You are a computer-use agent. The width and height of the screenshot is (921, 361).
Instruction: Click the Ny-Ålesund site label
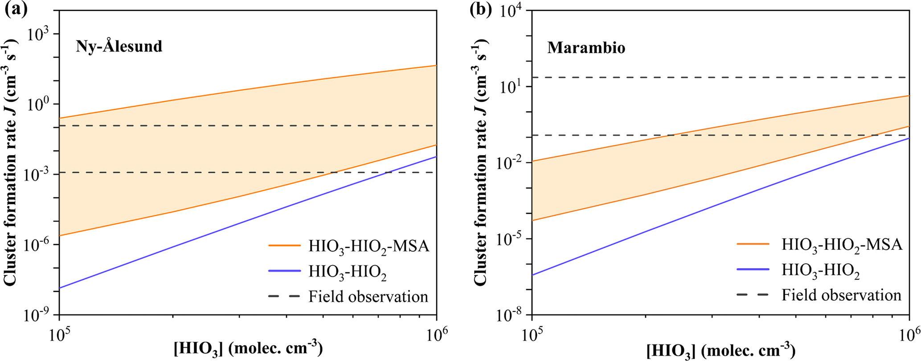pyautogui.click(x=119, y=46)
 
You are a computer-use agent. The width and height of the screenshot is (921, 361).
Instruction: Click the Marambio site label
pyautogui.click(x=586, y=48)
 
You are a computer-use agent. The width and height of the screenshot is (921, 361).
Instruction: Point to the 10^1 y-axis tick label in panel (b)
pyautogui.click(x=513, y=86)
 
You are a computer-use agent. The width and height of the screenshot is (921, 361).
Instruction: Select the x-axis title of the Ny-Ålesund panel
pyautogui.click(x=248, y=349)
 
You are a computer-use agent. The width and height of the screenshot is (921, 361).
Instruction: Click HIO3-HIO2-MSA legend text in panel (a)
pyautogui.click(x=368, y=246)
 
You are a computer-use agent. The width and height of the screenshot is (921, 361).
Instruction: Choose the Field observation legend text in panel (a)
pyautogui.click(x=368, y=297)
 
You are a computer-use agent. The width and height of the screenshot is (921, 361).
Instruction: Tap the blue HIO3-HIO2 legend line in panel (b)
pyautogui.click(x=753, y=270)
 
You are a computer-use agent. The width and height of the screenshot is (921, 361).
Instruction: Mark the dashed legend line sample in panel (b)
pyautogui.click(x=753, y=295)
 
